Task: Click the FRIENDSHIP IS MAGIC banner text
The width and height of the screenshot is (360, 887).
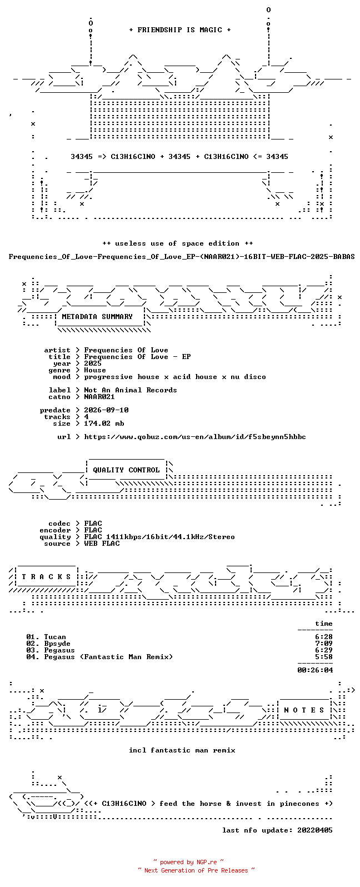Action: (x=180, y=30)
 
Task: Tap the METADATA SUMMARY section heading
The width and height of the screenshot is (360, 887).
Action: (x=97, y=317)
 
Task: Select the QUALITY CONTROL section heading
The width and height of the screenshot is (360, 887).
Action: (x=126, y=470)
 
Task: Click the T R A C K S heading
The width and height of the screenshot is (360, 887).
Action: (x=46, y=577)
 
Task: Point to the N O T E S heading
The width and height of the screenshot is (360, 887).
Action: (x=304, y=710)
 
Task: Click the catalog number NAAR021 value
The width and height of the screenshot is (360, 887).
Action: (x=99, y=397)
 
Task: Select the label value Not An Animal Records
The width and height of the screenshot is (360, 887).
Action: (x=131, y=390)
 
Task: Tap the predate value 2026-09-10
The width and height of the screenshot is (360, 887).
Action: (x=106, y=410)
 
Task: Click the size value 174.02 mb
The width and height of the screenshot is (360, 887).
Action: (x=104, y=423)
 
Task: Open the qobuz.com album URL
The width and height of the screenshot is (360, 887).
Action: (x=195, y=437)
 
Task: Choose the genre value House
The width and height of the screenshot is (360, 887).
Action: (x=95, y=370)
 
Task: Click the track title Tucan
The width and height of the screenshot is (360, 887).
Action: (x=55, y=637)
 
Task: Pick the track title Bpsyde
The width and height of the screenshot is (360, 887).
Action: (x=57, y=644)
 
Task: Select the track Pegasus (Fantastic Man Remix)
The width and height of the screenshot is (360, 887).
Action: (x=108, y=657)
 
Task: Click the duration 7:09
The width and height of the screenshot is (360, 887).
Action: (x=324, y=644)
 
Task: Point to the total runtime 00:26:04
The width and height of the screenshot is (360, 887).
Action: (x=315, y=670)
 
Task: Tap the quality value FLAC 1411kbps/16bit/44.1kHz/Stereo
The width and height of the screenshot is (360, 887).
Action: (x=159, y=537)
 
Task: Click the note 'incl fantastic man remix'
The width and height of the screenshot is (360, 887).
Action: (x=182, y=750)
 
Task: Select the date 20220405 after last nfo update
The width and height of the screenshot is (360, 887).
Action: (x=315, y=830)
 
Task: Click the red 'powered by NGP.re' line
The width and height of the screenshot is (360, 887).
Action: (x=188, y=862)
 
